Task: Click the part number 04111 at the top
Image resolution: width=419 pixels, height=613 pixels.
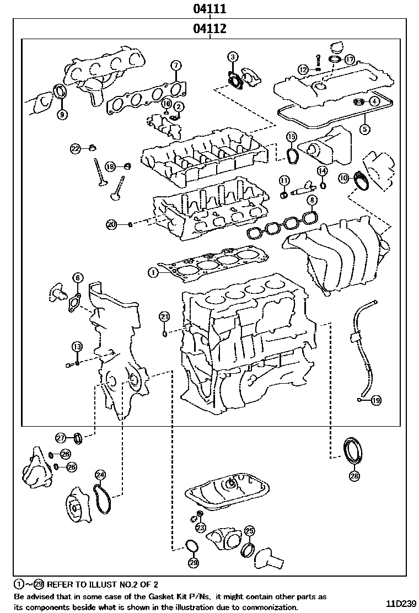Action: click(x=210, y=9)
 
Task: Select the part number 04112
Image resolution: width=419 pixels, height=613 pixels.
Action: click(x=210, y=28)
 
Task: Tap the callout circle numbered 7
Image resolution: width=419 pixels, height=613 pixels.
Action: click(x=175, y=66)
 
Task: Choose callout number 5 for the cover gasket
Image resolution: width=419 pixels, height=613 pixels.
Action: click(x=364, y=130)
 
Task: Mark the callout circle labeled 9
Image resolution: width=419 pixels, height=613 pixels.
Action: click(x=62, y=115)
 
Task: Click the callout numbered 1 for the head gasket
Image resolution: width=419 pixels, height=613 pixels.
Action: click(x=153, y=272)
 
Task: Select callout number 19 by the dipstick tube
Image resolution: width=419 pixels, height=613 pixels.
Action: click(x=375, y=401)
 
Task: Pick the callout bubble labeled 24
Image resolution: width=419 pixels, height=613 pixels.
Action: click(x=100, y=475)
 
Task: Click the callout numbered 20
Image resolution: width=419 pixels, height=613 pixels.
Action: click(x=112, y=224)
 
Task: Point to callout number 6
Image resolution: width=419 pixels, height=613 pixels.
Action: click(x=77, y=278)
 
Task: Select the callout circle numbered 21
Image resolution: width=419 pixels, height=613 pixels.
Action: click(x=164, y=316)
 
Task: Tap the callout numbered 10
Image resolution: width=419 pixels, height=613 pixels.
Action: click(x=344, y=178)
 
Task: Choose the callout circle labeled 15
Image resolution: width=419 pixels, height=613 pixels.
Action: click(x=292, y=137)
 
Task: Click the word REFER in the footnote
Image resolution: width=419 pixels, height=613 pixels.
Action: click(x=61, y=583)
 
